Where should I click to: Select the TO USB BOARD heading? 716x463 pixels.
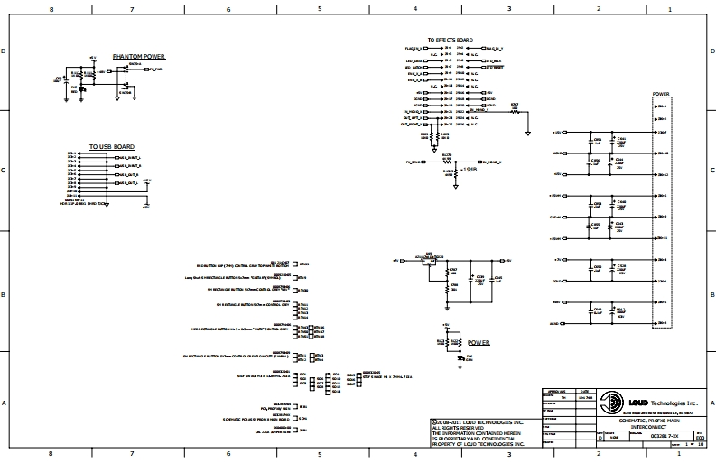tap(111, 146)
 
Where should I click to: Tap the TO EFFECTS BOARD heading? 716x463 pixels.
tap(451, 41)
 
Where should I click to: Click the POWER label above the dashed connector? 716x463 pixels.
tap(661, 93)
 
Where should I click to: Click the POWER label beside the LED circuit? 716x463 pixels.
tap(479, 343)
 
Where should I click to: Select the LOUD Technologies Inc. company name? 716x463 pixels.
tap(663, 402)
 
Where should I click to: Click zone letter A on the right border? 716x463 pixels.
tap(711, 403)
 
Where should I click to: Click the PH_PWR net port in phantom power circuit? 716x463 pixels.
tap(155, 69)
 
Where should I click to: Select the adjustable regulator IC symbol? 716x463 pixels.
tap(431, 259)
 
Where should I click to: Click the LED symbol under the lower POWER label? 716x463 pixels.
tap(460, 357)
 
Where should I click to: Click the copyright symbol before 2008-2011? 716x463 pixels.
tap(432, 421)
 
